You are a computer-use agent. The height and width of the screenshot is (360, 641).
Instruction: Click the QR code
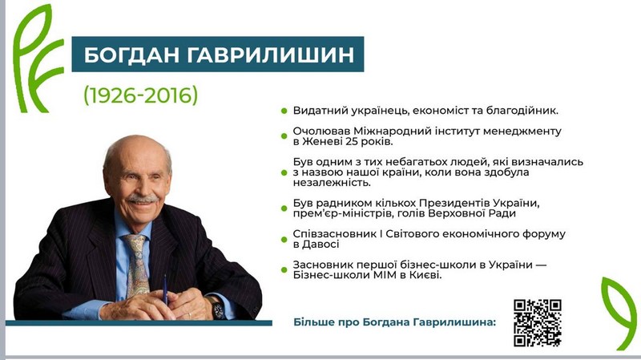537,322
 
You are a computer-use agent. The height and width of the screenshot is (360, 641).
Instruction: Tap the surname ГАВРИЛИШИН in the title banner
271,55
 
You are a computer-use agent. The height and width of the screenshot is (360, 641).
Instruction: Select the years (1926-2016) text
141,95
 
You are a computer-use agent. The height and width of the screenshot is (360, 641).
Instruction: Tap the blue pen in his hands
165,289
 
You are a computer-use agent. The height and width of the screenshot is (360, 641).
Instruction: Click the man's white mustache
142,199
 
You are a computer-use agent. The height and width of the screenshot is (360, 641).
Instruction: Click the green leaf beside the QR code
619,313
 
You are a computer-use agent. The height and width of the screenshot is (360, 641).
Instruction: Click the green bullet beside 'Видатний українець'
284,111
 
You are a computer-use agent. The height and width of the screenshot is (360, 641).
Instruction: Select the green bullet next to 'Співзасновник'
284,239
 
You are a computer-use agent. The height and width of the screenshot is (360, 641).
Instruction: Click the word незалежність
332,183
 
